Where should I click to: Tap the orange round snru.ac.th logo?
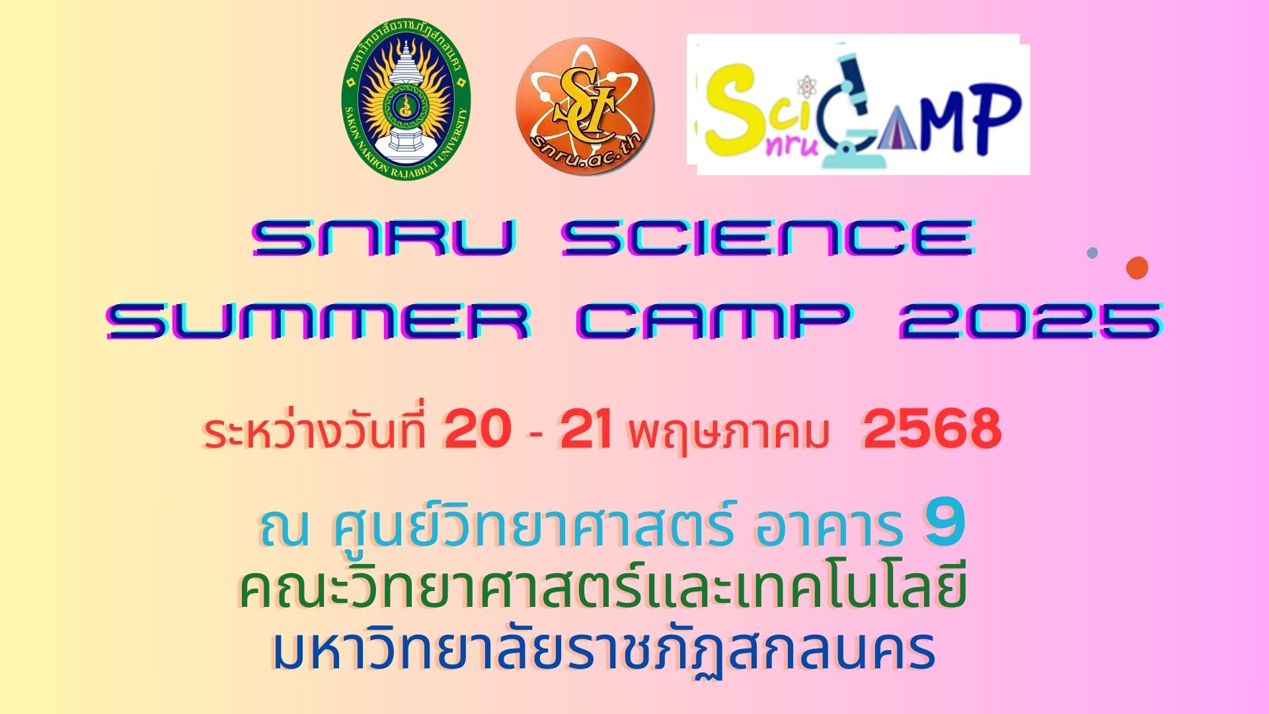pos(585,106)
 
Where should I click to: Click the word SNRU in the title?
pos(383,238)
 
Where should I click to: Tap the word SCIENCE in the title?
pos(768,238)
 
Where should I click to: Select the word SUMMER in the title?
pos(319,322)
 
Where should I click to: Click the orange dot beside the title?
pos(1137,268)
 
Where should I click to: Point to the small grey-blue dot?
pos(1093,253)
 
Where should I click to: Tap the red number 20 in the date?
pos(478,430)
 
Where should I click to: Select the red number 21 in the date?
pos(585,430)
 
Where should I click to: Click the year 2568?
pos(932,430)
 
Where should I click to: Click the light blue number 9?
pos(945,526)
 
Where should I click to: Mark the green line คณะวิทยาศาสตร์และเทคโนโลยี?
pos(603,588)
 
